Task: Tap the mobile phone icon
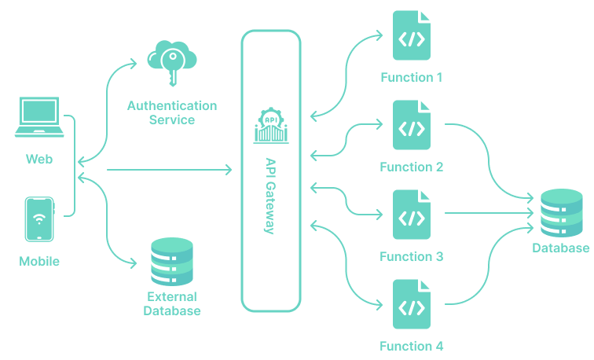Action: pyautogui.click(x=39, y=219)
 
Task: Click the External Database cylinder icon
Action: pyautogui.click(x=171, y=263)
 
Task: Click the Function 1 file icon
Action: pyautogui.click(x=412, y=37)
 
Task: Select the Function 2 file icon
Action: pyautogui.click(x=412, y=126)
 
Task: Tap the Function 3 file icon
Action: pyautogui.click(x=412, y=215)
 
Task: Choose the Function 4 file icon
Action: pyautogui.click(x=412, y=305)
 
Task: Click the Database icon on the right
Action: pyautogui.click(x=561, y=213)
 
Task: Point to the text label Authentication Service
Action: pyautogui.click(x=172, y=112)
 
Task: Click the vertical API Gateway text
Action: pyautogui.click(x=270, y=195)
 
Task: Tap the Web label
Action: pyautogui.click(x=39, y=159)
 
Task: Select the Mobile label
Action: pyautogui.click(x=39, y=261)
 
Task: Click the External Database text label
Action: pyautogui.click(x=172, y=303)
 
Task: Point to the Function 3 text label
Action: pyautogui.click(x=412, y=257)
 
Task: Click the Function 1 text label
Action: pyautogui.click(x=412, y=78)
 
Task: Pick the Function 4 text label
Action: pyautogui.click(x=412, y=347)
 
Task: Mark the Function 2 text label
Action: pyautogui.click(x=412, y=167)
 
